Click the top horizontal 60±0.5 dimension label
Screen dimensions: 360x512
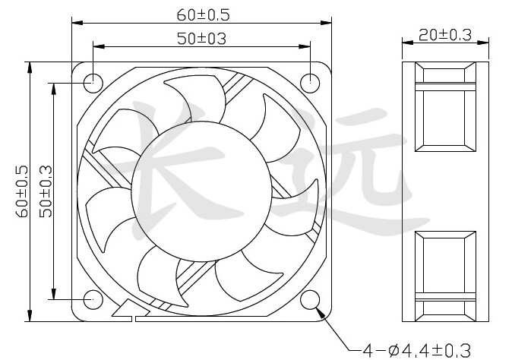(202, 14)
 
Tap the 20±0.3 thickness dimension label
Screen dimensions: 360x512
(444, 34)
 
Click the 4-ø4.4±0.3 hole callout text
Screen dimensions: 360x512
(416, 350)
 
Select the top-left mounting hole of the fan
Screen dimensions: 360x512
(93, 81)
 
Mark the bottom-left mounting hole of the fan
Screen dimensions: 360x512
(93, 299)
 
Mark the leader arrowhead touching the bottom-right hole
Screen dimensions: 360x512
(321, 311)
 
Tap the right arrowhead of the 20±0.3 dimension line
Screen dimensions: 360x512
(484, 46)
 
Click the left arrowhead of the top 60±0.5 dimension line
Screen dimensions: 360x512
(76, 23)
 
